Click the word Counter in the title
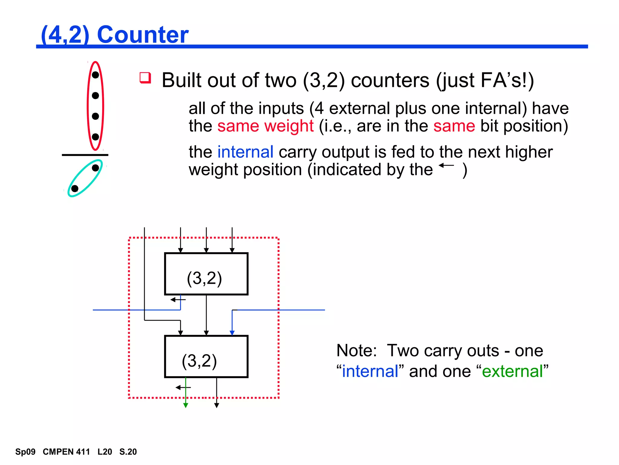pos(143,35)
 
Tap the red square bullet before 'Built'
pos(145,78)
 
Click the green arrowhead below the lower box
pos(186,405)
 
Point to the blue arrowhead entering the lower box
pos(232,333)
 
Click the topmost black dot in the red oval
pos(96,75)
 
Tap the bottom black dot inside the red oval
pos(96,137)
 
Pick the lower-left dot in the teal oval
pos(75,189)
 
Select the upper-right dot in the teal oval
pos(96,168)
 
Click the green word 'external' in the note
pos(513,371)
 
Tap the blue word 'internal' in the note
pos(370,371)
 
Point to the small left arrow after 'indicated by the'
pos(446,165)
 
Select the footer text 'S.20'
pos(128,452)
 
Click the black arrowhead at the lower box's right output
pos(216,405)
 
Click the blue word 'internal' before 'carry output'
pos(245,152)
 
